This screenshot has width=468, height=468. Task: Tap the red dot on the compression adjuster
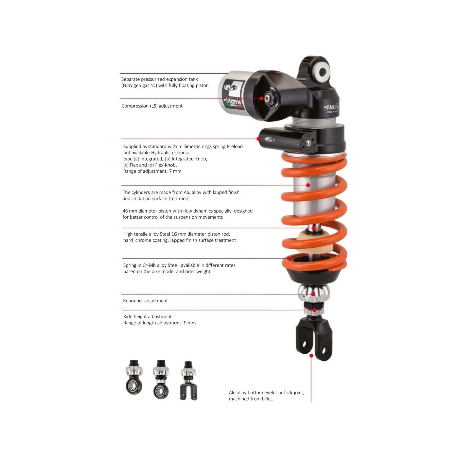pos(261,98)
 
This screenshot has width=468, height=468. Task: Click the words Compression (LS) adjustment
pos(152,106)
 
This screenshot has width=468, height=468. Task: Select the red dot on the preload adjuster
pos(259,139)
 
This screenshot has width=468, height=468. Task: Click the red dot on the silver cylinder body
pos(308,185)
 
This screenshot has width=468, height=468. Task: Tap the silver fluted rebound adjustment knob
pos(314,292)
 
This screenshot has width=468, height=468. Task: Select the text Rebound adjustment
pos(145,301)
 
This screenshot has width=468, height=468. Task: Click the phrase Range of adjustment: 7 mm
pos(152,171)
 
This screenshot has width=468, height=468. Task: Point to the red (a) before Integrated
pos(136,159)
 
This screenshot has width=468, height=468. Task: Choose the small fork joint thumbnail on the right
pos(189,381)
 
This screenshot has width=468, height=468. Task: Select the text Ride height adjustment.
pos(148,317)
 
